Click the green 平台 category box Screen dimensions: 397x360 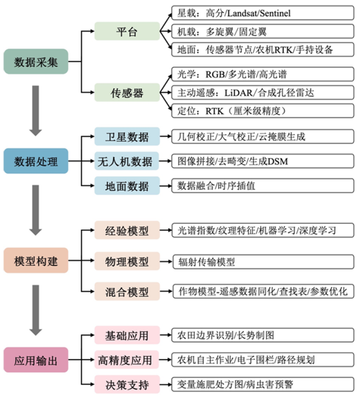pyautogui.click(x=127, y=30)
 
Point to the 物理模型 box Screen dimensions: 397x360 pyautogui.click(x=127, y=260)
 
